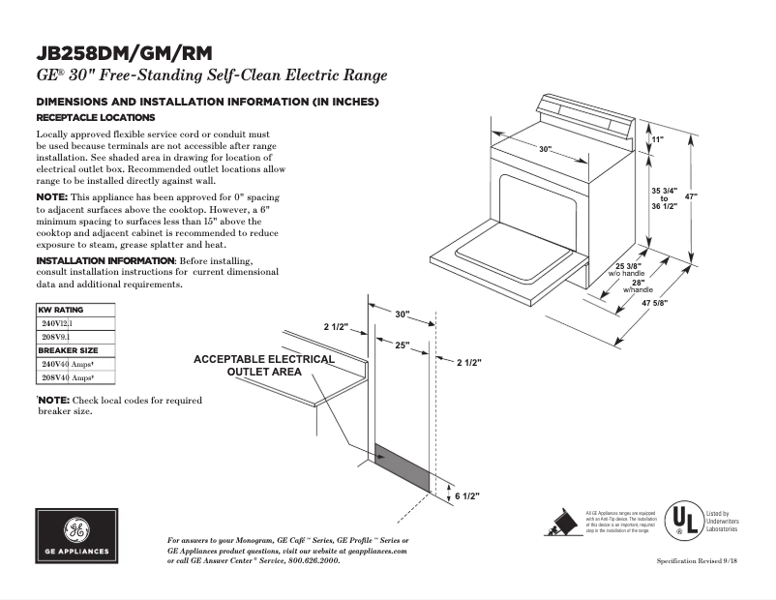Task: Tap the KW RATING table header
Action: [60, 310]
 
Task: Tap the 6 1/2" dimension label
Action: [467, 495]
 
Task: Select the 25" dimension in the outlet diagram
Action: [402, 345]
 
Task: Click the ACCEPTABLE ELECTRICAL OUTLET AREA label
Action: [263, 365]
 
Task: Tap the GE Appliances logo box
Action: [76, 537]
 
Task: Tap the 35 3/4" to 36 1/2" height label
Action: [664, 198]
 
